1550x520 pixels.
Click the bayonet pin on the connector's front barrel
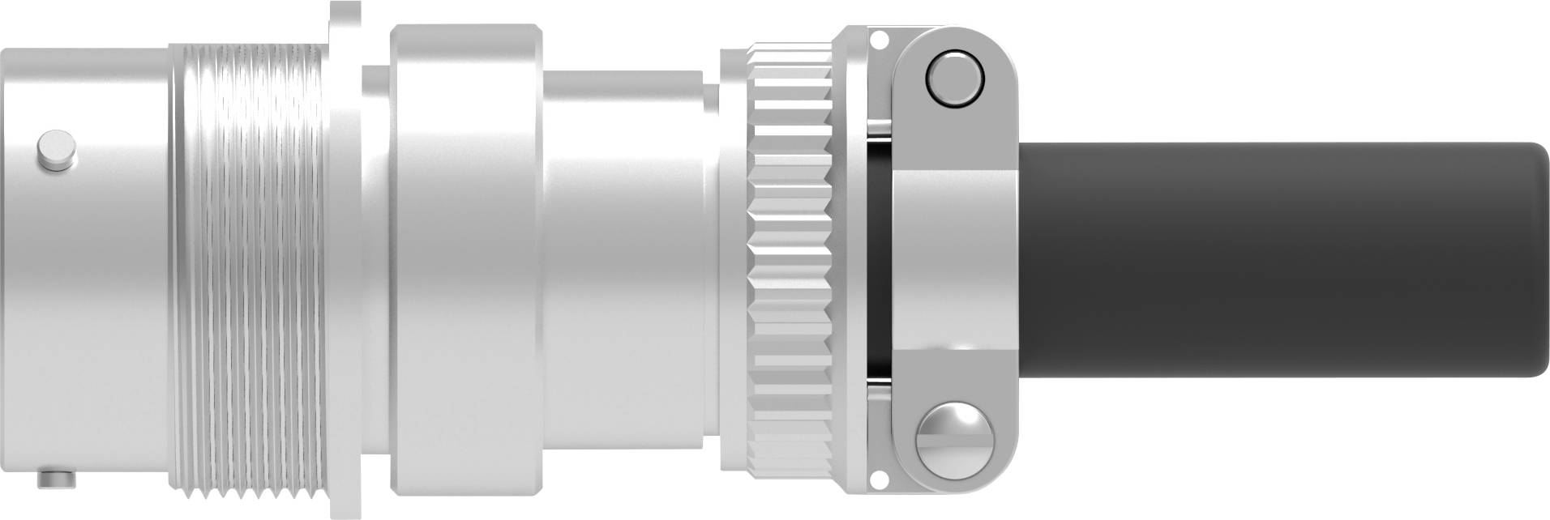[57, 151]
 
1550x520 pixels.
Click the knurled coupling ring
[790, 259]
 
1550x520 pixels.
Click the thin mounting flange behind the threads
[345, 259]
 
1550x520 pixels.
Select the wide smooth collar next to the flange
[466, 259]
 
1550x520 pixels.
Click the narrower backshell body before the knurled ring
[624, 259]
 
